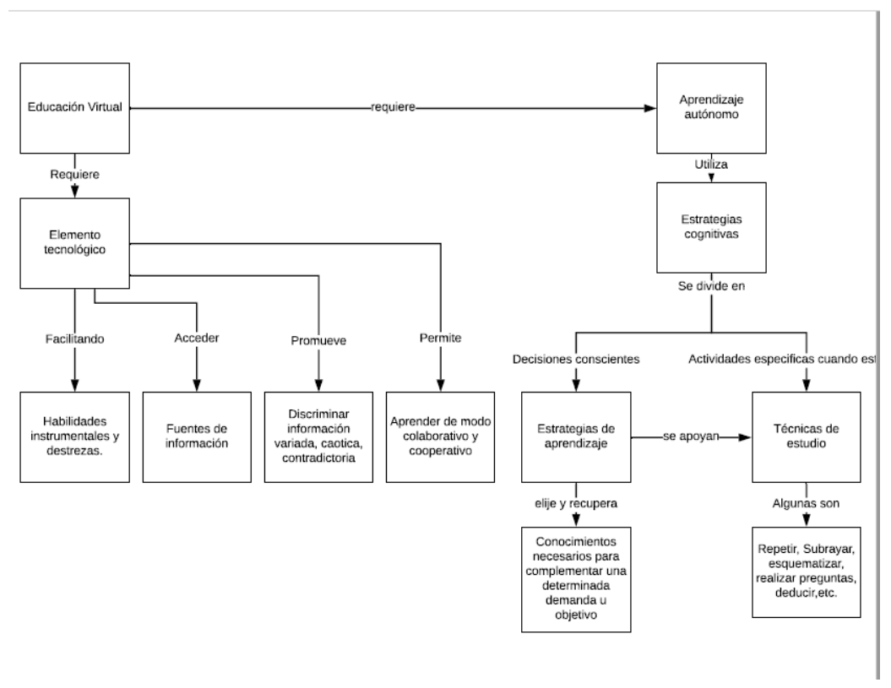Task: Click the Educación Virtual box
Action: (76, 107)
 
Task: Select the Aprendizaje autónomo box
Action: (712, 107)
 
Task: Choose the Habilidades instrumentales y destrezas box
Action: (74, 436)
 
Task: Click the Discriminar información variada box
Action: (318, 436)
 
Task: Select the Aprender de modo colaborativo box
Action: (441, 436)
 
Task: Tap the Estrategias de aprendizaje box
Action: (576, 436)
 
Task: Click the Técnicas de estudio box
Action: (807, 436)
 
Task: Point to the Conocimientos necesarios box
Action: (575, 578)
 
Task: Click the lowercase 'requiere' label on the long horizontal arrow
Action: (394, 108)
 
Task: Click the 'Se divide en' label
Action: (712, 286)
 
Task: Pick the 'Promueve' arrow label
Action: (318, 342)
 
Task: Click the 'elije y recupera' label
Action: (575, 504)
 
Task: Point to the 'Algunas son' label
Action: (807, 504)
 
